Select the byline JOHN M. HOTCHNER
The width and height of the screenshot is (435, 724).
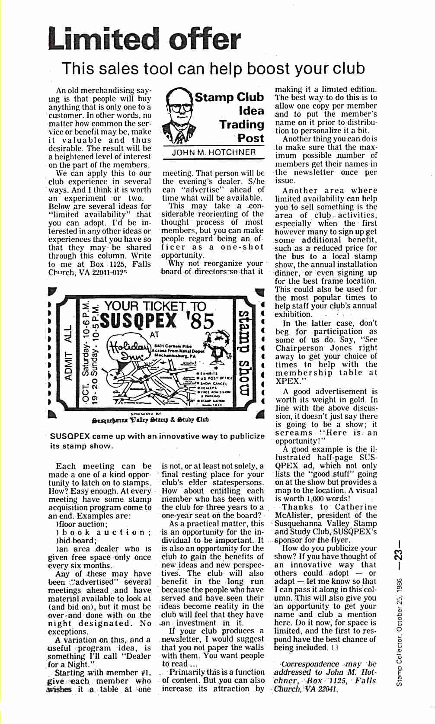(x=214, y=152)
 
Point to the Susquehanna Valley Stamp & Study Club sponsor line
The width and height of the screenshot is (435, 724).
(x=150, y=419)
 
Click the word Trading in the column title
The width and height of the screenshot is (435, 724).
(x=241, y=125)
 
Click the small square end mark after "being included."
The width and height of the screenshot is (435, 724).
(x=334, y=647)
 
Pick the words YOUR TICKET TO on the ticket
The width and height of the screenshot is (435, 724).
(x=156, y=306)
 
